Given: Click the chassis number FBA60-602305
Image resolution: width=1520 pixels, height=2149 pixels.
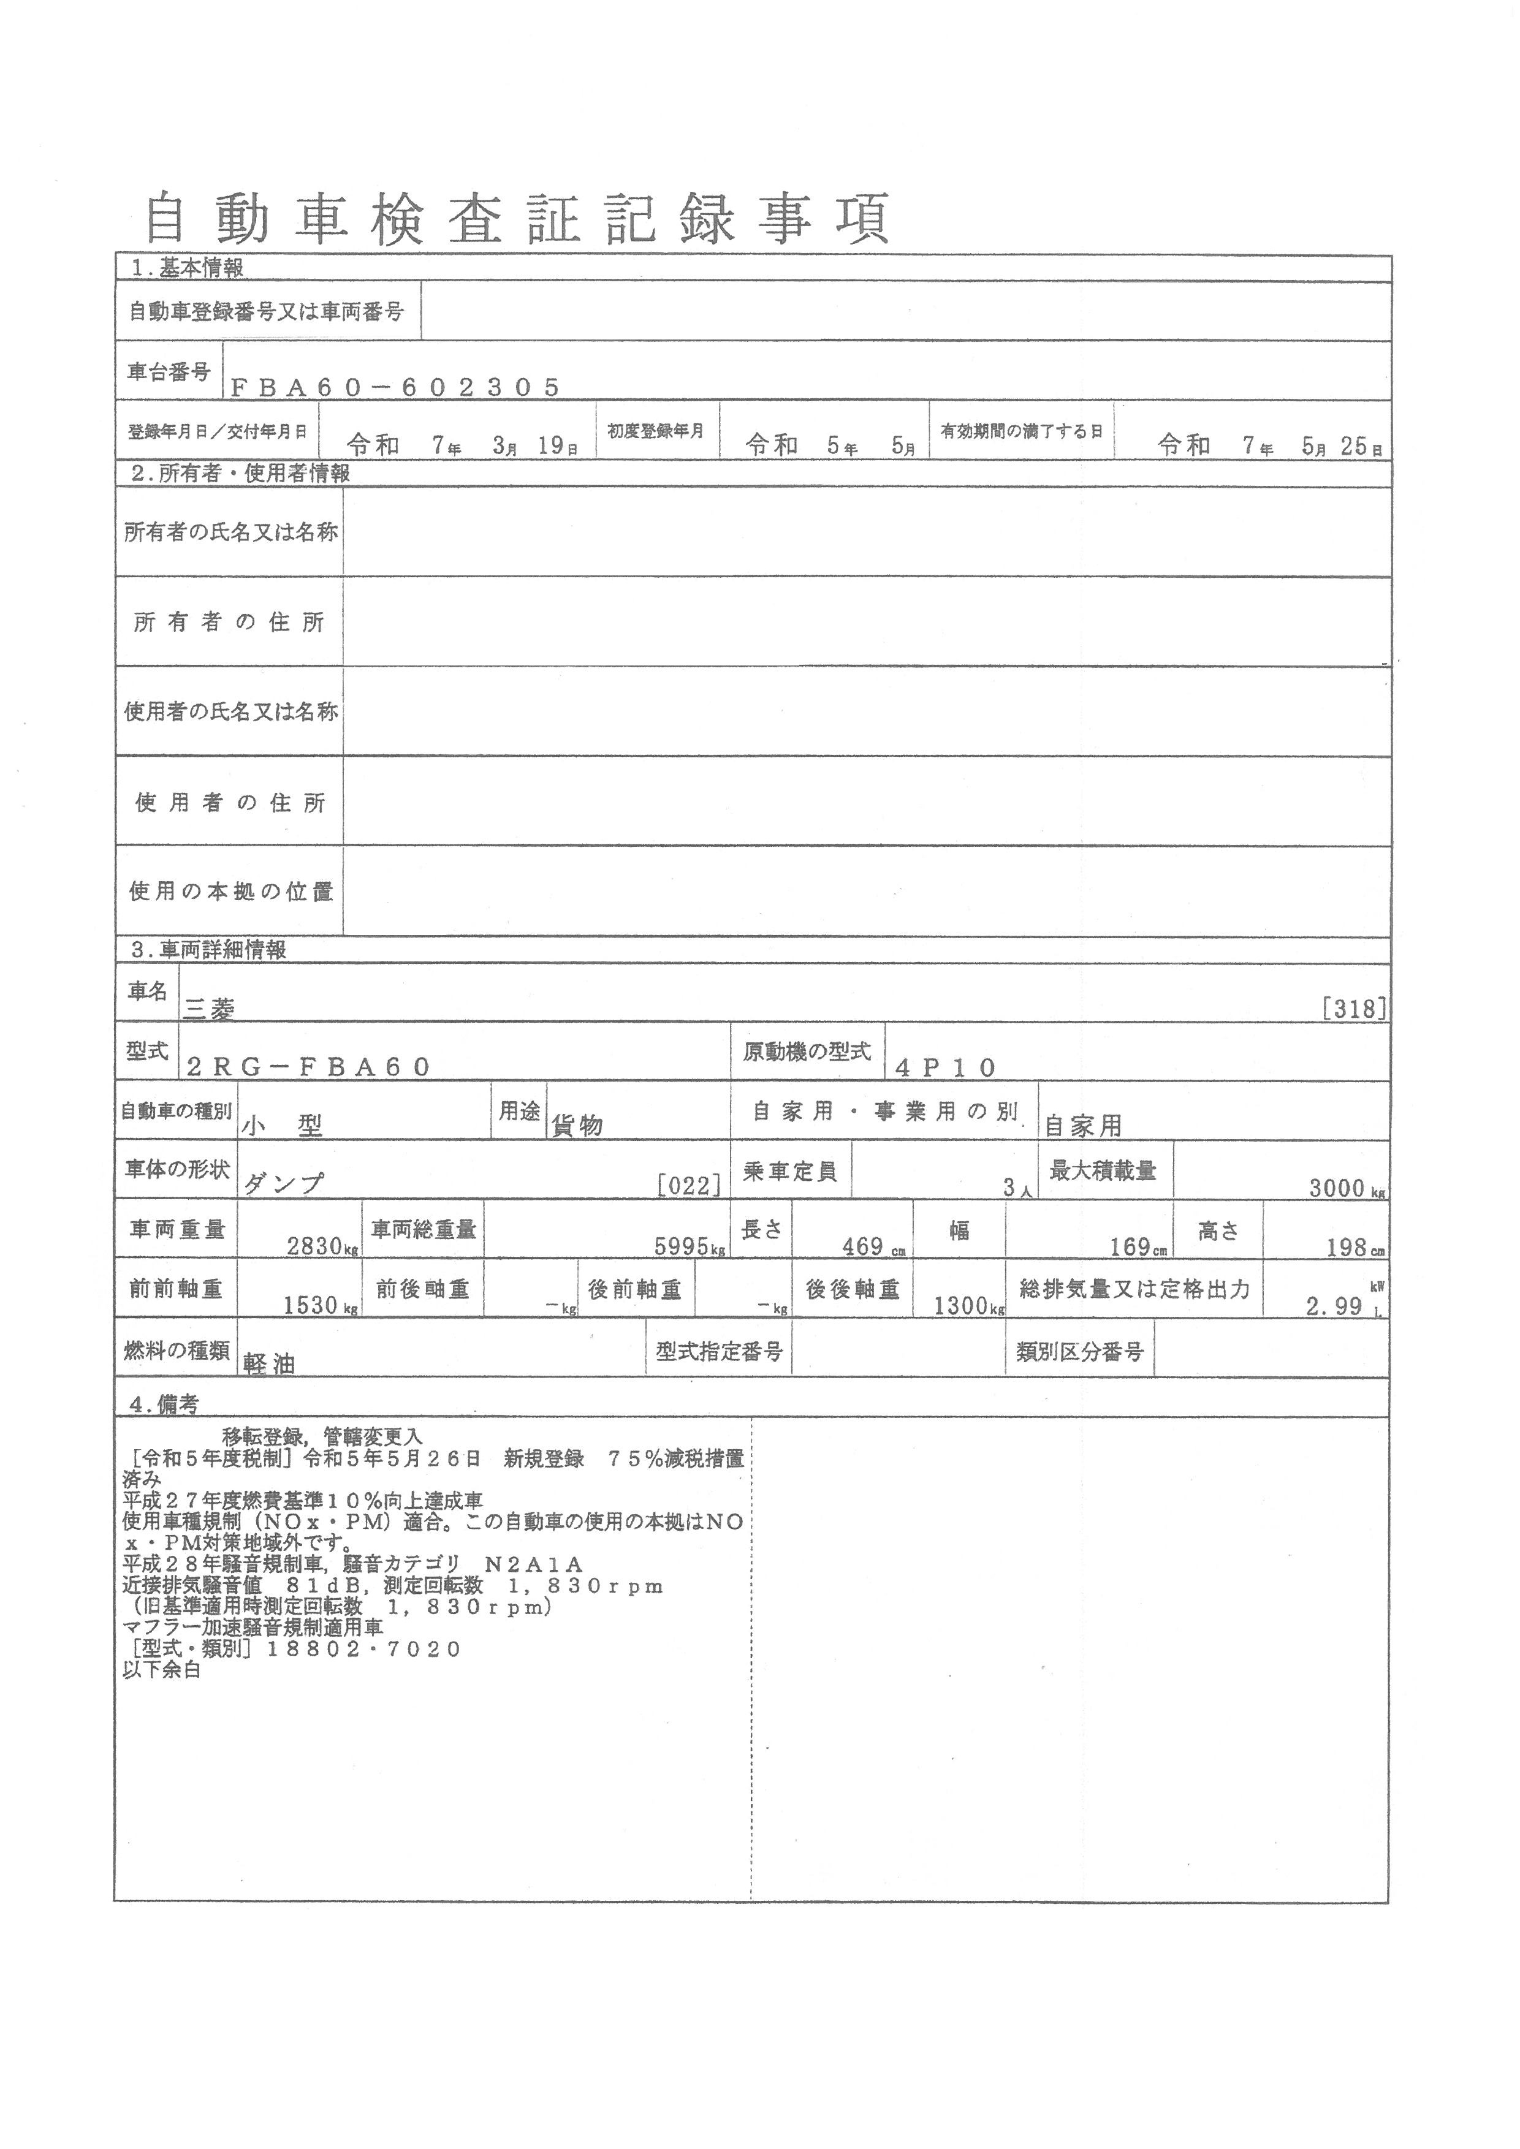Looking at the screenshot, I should [395, 387].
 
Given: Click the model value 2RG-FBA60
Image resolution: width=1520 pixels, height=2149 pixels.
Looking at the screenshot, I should [309, 1067].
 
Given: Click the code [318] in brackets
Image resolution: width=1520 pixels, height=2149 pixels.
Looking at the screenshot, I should [1355, 1009].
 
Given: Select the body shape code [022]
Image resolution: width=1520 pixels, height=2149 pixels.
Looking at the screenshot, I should [690, 1186].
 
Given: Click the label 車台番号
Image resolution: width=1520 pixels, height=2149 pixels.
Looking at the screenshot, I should [169, 371].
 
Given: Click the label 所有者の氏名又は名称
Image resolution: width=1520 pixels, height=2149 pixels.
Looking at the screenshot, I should [230, 532].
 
